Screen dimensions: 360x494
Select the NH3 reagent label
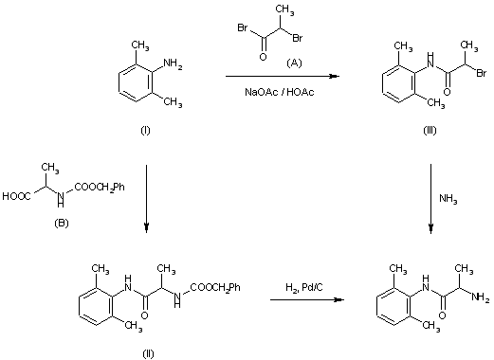click(x=448, y=198)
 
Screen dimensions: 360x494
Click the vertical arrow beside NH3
click(x=430, y=198)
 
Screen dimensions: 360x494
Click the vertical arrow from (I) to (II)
click(x=146, y=198)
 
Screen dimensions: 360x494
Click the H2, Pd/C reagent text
click(x=303, y=288)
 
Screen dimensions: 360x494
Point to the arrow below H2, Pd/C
click(x=302, y=300)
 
